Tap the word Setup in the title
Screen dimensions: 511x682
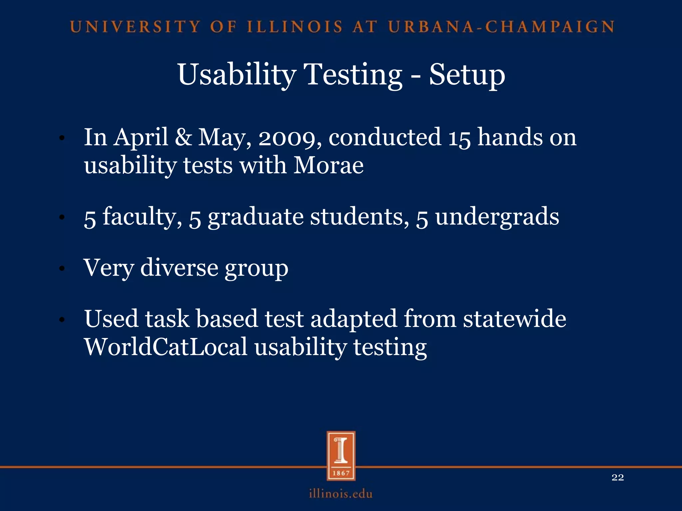click(467, 75)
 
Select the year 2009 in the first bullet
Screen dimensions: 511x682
click(287, 137)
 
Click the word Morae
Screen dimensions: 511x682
click(328, 165)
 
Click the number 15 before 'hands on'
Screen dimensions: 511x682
click(459, 137)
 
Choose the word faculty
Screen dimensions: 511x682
click(140, 217)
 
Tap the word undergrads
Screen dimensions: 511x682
click(497, 217)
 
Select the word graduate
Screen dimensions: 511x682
click(255, 217)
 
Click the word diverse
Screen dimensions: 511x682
click(179, 267)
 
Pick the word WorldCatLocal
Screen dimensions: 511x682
click(166, 347)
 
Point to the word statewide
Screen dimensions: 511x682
click(514, 319)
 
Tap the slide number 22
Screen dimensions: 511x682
click(618, 477)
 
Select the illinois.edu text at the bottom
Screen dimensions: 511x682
click(341, 494)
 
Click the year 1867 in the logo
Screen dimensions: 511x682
click(341, 473)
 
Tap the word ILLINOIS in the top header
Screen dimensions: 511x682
click(295, 27)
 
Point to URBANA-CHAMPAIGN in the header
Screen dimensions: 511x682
click(501, 27)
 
